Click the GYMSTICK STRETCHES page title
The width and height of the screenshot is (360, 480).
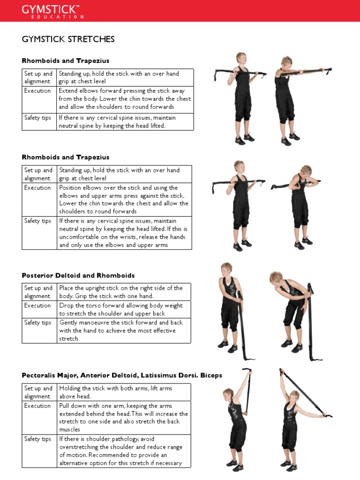click(68, 39)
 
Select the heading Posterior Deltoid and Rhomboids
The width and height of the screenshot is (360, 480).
click(78, 275)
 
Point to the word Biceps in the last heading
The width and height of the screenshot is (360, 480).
click(211, 375)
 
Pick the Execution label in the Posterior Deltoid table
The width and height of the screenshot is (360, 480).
click(37, 306)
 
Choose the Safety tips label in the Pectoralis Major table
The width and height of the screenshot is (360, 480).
click(37, 439)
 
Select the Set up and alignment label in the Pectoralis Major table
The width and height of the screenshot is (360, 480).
click(38, 392)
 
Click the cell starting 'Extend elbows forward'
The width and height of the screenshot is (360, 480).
click(124, 99)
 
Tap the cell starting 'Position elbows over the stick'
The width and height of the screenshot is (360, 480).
click(124, 200)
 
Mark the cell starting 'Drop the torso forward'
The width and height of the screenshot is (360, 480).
click(124, 309)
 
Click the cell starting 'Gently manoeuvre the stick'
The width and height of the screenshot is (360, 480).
click(124, 330)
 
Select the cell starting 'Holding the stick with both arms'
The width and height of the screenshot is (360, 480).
click(124, 392)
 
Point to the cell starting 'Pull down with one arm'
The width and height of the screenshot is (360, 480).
click(124, 418)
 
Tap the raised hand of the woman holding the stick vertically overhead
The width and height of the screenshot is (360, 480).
click(249, 372)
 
